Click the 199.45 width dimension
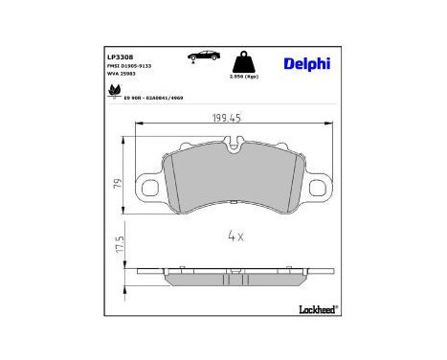click(x=227, y=120)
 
